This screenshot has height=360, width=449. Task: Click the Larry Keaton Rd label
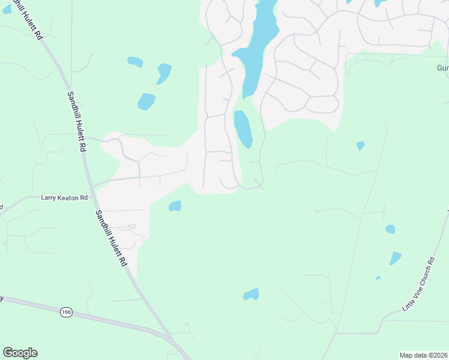(64, 197)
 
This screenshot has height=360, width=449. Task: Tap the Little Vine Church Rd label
(418, 285)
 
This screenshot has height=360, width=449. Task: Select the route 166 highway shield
(66, 311)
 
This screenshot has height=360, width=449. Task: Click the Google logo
(20, 353)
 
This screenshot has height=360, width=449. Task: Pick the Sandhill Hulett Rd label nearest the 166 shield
(112, 238)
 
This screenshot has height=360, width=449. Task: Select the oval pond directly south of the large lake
(243, 128)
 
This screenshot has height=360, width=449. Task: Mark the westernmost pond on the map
(135, 62)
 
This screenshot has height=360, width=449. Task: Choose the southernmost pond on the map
(251, 295)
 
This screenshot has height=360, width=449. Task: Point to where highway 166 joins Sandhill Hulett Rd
(172, 340)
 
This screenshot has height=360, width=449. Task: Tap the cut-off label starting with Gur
(442, 68)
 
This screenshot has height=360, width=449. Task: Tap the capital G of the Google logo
(8, 353)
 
